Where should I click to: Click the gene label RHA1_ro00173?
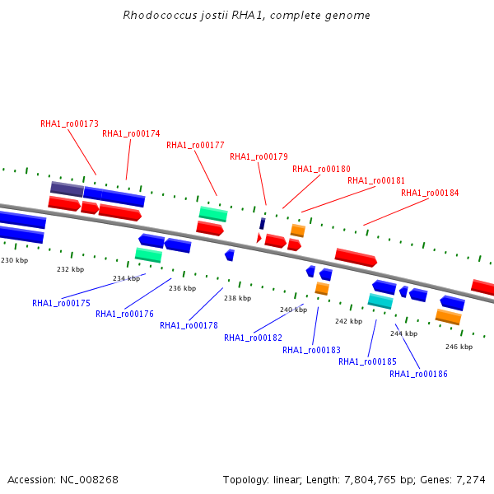point(69,123)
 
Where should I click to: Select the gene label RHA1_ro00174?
point(131,133)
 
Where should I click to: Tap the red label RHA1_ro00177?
point(195,146)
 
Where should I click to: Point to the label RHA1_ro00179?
point(259,156)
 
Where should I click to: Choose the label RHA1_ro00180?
point(321,169)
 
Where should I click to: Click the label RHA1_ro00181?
point(376,180)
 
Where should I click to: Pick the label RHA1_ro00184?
point(430,193)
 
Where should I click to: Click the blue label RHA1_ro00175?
point(61,303)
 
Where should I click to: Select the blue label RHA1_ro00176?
point(124,314)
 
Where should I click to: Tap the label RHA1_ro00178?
point(189,325)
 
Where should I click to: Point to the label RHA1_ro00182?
point(253,338)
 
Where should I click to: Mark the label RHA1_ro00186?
point(418,374)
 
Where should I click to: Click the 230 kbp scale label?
point(14,260)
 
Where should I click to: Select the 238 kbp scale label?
point(237,298)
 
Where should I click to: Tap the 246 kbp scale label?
point(459,347)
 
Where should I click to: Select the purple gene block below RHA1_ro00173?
point(67,189)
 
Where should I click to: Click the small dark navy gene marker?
point(262,223)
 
